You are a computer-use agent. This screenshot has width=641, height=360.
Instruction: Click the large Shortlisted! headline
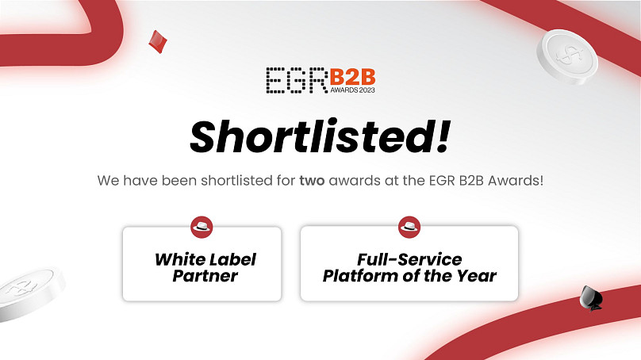click(320, 136)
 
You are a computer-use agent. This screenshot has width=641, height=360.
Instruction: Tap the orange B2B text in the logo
click(352, 77)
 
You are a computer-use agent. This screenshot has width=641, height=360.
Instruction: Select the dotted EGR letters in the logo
click(297, 80)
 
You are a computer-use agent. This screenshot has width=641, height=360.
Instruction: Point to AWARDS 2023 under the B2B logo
click(352, 90)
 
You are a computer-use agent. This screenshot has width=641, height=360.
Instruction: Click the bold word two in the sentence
click(312, 180)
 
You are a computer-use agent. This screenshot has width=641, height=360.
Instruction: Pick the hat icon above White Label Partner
click(202, 227)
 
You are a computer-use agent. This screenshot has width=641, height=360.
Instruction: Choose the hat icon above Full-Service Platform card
click(409, 227)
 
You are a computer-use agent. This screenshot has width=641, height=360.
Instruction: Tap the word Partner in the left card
click(205, 276)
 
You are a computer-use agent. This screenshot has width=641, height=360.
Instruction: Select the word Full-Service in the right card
click(409, 259)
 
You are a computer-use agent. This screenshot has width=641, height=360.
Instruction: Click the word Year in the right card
click(477, 276)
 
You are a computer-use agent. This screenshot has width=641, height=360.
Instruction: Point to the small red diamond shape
click(157, 42)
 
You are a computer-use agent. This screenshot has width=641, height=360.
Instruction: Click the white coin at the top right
click(567, 57)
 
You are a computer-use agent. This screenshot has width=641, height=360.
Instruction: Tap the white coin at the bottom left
click(29, 293)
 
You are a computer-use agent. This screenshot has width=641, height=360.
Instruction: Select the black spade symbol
click(591, 298)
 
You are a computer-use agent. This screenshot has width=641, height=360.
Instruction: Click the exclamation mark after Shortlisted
click(443, 136)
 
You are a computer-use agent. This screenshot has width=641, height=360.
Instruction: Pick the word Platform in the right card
click(360, 276)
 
